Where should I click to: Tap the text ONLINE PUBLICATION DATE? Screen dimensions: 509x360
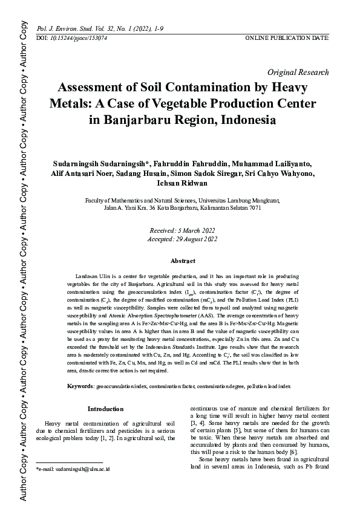[287, 38]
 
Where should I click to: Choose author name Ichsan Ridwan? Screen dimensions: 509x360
[182, 183]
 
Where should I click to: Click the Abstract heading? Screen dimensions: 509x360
[183, 261]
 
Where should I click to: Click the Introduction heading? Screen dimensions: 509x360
[106, 409]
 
